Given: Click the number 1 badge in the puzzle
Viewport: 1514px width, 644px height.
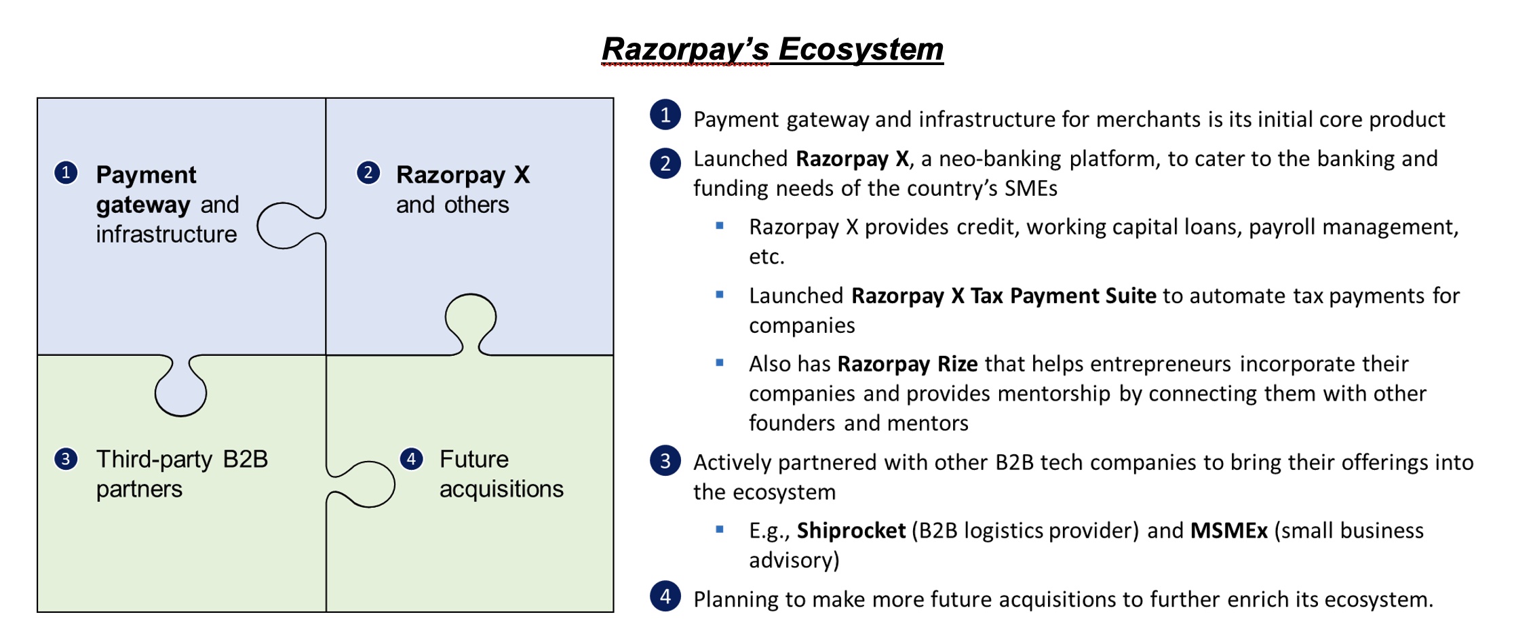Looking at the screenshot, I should (66, 172).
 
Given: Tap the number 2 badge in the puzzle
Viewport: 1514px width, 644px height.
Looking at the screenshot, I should (368, 172).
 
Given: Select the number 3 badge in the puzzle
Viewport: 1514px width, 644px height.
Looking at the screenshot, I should (66, 459).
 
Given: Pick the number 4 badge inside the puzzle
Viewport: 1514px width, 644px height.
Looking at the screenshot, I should (411, 459).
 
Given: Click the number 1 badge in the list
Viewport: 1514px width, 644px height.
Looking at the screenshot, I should (665, 115).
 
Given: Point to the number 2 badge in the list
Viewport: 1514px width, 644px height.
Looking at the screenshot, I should (665, 163).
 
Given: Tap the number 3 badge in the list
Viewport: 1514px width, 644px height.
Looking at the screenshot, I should (665, 461).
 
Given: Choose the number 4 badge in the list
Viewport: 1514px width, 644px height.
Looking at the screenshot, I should (665, 597).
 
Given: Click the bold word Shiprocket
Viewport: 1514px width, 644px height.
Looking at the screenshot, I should (851, 530).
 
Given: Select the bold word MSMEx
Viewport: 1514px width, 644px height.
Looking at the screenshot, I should (1228, 530).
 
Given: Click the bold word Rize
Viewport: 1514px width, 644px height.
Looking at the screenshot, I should (957, 364).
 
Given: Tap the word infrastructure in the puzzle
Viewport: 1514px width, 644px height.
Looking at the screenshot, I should (166, 235).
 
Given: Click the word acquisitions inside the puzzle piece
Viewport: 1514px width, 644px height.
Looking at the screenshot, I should (501, 489).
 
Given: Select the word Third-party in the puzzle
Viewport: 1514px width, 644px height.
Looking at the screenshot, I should (154, 459).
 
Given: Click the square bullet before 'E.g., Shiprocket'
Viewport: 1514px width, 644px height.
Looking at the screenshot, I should (720, 529).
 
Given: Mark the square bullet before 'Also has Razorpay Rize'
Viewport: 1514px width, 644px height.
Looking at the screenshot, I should (720, 363).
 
